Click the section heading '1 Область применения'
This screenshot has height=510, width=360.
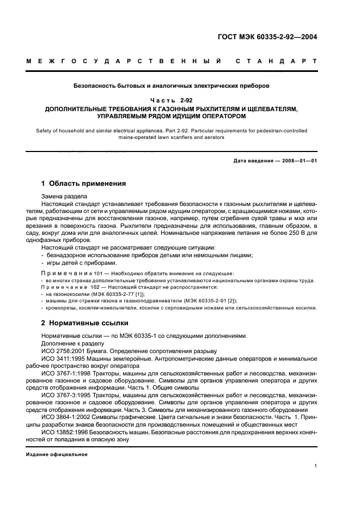click(x=84, y=184)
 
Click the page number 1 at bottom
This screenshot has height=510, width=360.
click(x=316, y=466)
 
